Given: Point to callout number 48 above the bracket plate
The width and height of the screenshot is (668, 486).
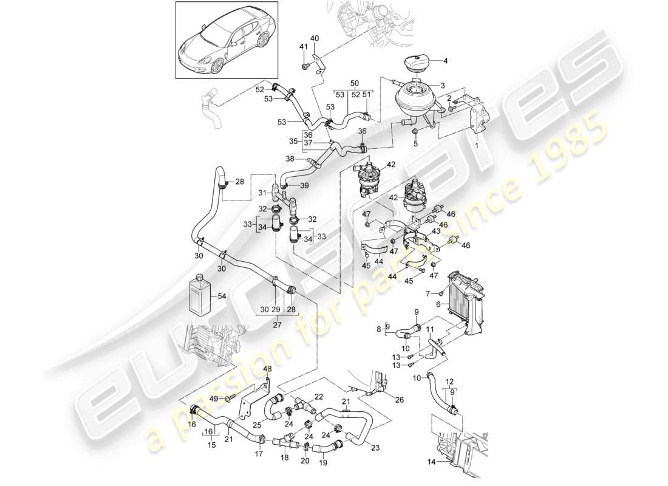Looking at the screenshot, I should [267, 368].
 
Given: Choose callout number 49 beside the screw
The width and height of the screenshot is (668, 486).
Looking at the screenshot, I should [214, 398].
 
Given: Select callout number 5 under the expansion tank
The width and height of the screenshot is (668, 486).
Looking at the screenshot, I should [415, 143].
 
